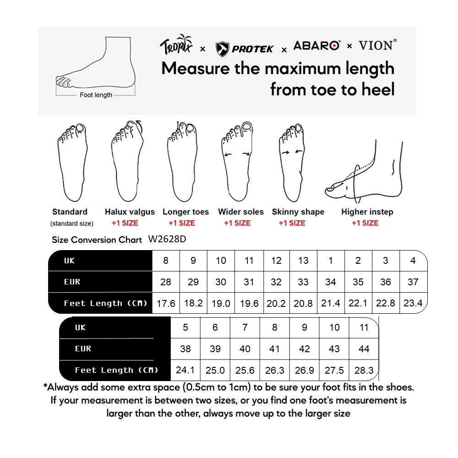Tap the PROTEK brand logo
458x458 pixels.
pyautogui.click(x=244, y=48)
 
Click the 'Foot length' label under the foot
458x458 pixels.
pyautogui.click(x=96, y=95)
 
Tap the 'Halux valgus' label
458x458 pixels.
pyautogui.click(x=130, y=212)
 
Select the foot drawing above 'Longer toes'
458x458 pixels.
pyautogui.click(x=182, y=162)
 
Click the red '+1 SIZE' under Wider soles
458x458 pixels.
pyautogui.click(x=237, y=223)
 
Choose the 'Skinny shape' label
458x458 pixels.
pyautogui.click(x=298, y=212)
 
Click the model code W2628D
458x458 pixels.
pyautogui.click(x=167, y=239)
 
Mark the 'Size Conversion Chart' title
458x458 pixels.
pyautogui.click(x=97, y=240)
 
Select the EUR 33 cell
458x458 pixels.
pyautogui.click(x=303, y=282)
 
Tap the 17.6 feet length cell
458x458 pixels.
pyautogui.click(x=166, y=303)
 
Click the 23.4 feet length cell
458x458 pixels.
pyautogui.click(x=413, y=303)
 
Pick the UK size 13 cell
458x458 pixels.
pyautogui.click(x=303, y=261)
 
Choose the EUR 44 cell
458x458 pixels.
pyautogui.click(x=364, y=349)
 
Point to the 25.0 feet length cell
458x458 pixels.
pyautogui.click(x=215, y=370)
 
